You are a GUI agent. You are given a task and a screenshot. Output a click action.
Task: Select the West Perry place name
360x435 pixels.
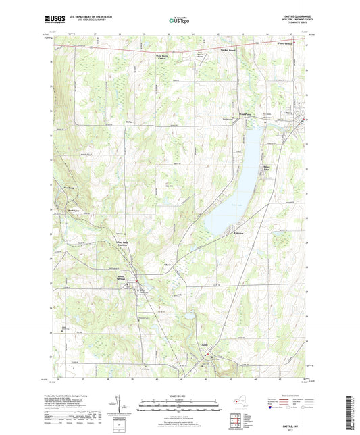point(245,114)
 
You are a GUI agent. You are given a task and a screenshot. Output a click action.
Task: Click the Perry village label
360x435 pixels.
point(288,113)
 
